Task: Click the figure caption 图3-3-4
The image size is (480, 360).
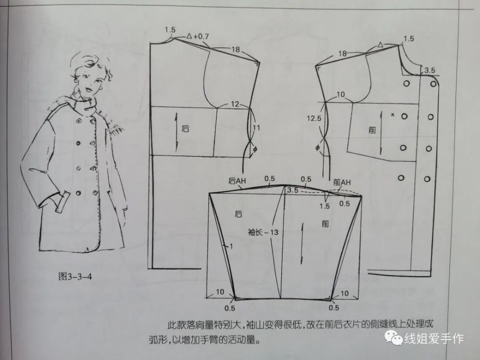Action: (x=75, y=276)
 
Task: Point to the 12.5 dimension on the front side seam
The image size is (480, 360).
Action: (x=315, y=118)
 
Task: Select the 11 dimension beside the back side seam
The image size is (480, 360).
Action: (x=256, y=128)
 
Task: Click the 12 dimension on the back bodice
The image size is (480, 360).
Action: (x=234, y=104)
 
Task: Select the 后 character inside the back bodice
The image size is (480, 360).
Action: (x=186, y=129)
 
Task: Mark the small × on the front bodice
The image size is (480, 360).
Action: (x=393, y=115)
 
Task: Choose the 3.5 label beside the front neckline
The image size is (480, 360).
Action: (x=429, y=70)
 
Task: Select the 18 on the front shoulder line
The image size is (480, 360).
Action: (x=342, y=53)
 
